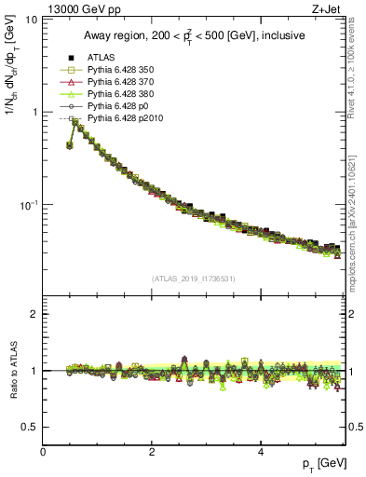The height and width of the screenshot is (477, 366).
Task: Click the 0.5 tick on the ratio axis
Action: point(29,427)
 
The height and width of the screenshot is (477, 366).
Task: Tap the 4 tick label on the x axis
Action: point(261,453)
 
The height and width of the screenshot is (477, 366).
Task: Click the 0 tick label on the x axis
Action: point(43,453)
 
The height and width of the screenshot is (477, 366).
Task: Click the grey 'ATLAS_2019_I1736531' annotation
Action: point(194,279)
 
